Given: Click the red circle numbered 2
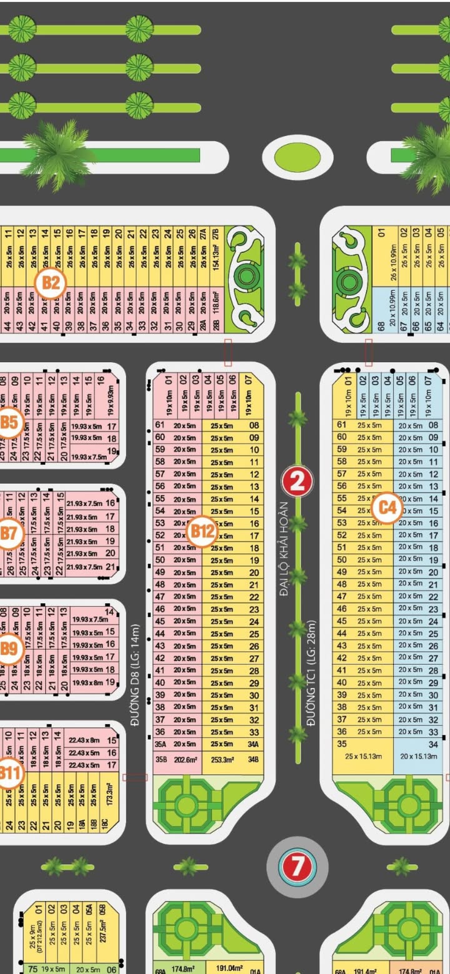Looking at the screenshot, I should tap(297, 481).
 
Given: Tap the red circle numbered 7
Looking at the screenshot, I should tap(297, 866).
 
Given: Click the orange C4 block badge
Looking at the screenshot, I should tap(388, 507).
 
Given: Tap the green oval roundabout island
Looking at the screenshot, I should tap(297, 157).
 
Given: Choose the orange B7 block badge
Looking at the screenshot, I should tap(9, 534).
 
